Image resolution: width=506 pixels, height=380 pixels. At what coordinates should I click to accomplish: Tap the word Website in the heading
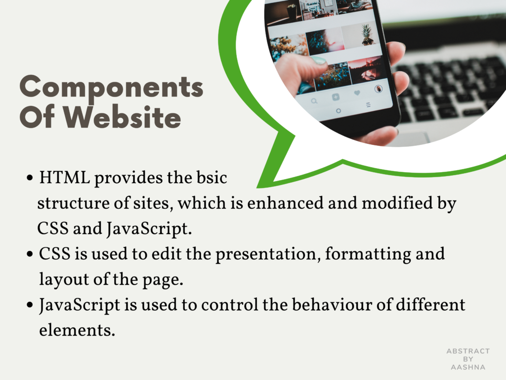click(x=122, y=117)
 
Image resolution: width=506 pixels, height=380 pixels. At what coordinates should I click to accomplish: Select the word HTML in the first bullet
click(x=65, y=178)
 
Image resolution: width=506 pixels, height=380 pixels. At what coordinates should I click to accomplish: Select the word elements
click(x=77, y=330)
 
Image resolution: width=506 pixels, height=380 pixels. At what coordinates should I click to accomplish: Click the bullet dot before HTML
click(x=30, y=178)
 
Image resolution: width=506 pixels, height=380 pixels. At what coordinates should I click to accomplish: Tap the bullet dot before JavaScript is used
click(x=30, y=305)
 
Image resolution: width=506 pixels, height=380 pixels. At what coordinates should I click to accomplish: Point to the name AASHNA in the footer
click(x=468, y=368)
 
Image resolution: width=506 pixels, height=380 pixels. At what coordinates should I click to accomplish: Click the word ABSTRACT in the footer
click(x=468, y=351)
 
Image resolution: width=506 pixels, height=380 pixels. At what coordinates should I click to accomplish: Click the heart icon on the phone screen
click(x=357, y=93)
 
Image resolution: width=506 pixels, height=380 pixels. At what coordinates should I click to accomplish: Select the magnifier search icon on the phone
click(x=314, y=101)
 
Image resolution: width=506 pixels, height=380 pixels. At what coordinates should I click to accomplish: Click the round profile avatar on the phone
click(x=379, y=89)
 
